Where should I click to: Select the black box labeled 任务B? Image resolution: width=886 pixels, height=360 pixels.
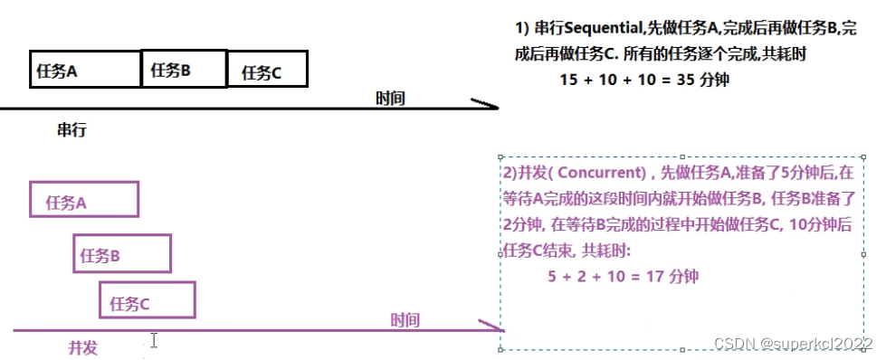[x=184, y=69]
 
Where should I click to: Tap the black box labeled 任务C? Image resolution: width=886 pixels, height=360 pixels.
[x=266, y=70]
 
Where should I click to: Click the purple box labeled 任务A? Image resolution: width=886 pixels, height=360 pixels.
[x=84, y=200]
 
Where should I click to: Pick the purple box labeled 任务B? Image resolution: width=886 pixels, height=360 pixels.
[x=122, y=253]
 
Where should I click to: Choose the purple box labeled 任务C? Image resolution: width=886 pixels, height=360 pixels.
[x=147, y=300]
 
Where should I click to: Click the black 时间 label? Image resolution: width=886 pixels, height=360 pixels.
[x=390, y=98]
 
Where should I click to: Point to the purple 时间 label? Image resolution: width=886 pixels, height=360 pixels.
[x=405, y=319]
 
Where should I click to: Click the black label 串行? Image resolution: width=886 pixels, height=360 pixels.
[x=71, y=130]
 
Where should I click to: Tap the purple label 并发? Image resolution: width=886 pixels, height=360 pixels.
[x=83, y=347]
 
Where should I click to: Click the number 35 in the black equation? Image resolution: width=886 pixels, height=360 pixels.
[x=686, y=80]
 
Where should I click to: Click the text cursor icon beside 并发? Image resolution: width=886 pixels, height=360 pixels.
[x=154, y=340]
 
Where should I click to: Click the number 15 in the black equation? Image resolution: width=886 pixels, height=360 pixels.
[x=568, y=80]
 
